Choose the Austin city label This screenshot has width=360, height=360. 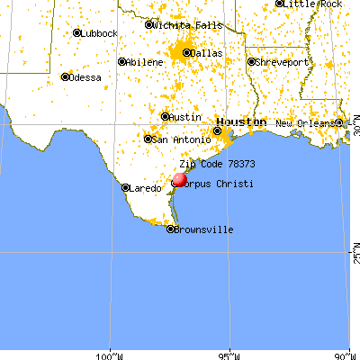186,117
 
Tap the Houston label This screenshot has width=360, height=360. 240,121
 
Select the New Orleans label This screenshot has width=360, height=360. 305,123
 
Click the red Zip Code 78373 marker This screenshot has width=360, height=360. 178,179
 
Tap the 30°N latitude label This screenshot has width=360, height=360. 355,132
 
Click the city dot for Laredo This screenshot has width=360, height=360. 126,188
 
